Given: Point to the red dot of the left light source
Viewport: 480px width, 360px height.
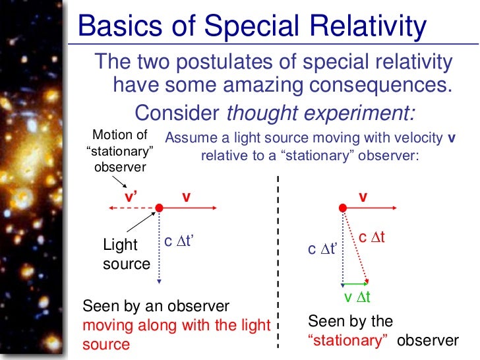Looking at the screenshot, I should [x=159, y=208].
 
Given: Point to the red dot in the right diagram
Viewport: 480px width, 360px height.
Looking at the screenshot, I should [x=342, y=208].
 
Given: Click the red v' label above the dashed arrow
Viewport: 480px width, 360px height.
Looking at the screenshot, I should [x=130, y=196].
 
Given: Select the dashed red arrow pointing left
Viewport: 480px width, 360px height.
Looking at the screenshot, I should [x=132, y=208].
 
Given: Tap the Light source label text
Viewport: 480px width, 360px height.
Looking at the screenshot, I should [x=127, y=255].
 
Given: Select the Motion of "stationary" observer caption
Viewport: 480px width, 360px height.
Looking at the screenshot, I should [x=119, y=151].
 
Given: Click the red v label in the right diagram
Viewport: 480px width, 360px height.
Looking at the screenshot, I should [x=362, y=196].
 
